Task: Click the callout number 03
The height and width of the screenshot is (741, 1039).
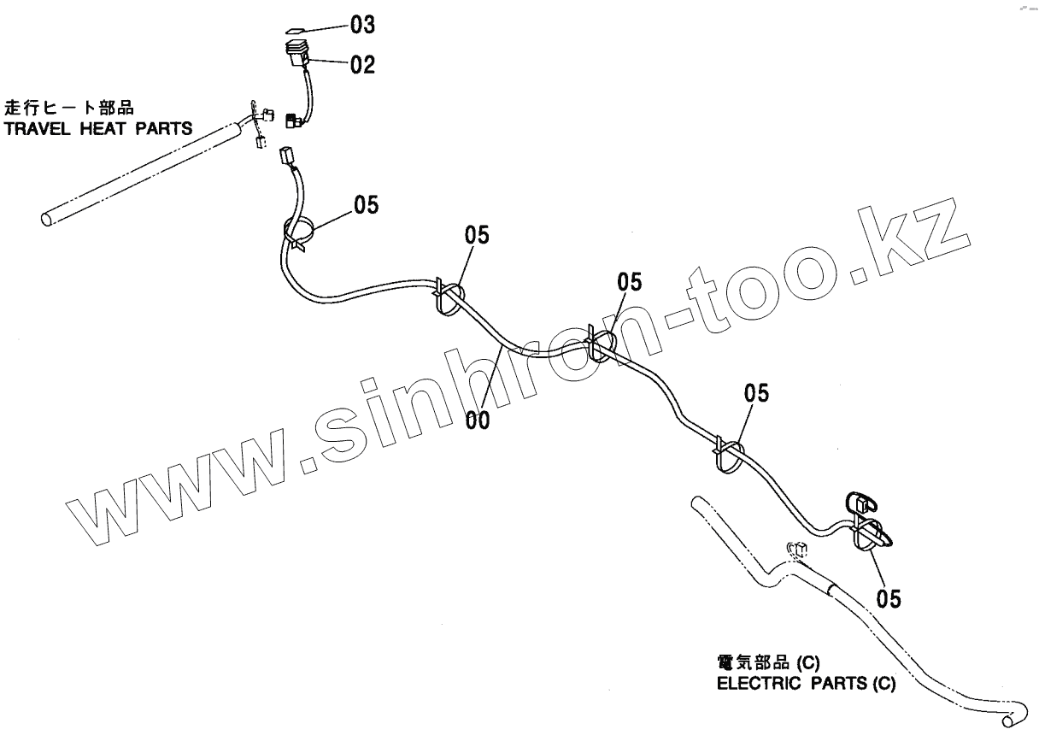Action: coord(362,26)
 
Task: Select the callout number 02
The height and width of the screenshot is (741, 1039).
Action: coord(362,65)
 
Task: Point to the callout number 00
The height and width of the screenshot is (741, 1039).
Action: coord(478,420)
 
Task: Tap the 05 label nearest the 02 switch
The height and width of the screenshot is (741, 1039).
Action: coord(367,206)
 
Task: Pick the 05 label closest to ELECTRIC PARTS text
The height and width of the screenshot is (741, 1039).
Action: coord(889,599)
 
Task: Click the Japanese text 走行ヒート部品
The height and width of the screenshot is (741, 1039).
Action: coord(70,109)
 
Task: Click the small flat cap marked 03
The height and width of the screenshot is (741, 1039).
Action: coord(296,27)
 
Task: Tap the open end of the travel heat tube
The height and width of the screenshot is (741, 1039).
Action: coord(48,219)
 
